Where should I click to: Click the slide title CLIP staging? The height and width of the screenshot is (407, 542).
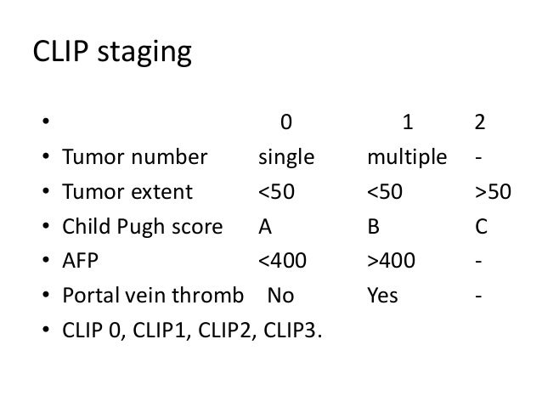pyautogui.click(x=111, y=54)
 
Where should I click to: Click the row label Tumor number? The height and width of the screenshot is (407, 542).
pyautogui.click(x=133, y=157)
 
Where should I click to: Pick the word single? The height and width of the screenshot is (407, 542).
pyautogui.click(x=286, y=157)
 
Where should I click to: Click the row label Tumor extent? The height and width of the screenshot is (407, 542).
pyautogui.click(x=128, y=192)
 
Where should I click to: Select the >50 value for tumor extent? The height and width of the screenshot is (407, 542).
pyautogui.click(x=493, y=192)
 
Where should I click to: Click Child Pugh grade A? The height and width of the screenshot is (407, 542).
pyautogui.click(x=265, y=228)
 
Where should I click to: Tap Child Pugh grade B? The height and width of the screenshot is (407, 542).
pyautogui.click(x=373, y=228)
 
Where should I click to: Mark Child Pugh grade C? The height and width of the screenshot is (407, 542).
pyautogui.click(x=481, y=228)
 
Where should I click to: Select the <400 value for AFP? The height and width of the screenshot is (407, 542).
pyautogui.click(x=282, y=263)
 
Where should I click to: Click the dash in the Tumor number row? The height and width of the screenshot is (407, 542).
pyautogui.click(x=481, y=157)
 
